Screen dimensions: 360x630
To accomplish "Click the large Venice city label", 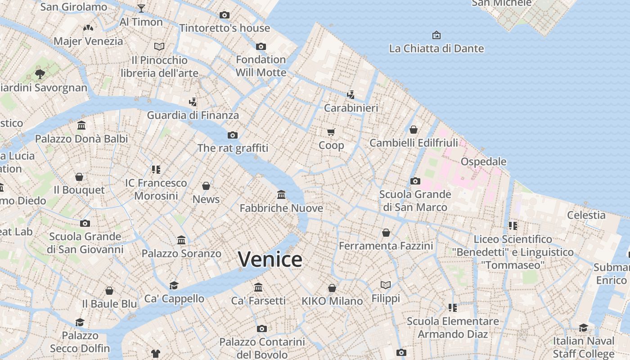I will (x=270, y=260).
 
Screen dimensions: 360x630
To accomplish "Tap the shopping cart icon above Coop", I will (x=331, y=132).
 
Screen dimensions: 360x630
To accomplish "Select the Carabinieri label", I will (x=351, y=108).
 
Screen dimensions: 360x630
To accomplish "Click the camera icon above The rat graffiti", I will (x=233, y=135).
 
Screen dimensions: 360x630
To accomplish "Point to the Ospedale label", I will (x=483, y=162).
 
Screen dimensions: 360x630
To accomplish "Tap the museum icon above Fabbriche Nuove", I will (x=281, y=195).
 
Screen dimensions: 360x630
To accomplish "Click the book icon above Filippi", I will (x=386, y=285).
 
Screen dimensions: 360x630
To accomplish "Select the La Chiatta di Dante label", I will (x=436, y=49).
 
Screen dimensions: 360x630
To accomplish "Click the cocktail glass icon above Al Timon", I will (x=141, y=9).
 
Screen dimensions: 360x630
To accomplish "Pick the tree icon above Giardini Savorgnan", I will (x=40, y=74).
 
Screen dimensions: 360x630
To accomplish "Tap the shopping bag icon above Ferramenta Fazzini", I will (x=386, y=233).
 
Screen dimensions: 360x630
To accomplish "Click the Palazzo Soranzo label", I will (x=181, y=254).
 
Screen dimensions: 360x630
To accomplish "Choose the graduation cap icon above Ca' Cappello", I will (x=174, y=285).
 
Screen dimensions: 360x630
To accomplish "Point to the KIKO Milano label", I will (x=332, y=301).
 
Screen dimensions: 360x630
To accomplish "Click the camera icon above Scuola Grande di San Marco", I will (x=415, y=181).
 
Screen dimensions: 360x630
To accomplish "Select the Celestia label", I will (x=586, y=215).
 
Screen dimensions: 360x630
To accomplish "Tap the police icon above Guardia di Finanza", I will (x=193, y=102).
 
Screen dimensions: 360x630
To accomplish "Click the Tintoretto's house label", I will (x=225, y=28).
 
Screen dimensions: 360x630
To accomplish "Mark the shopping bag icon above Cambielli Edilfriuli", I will (x=414, y=130).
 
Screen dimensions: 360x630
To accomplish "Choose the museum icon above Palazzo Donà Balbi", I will (x=81, y=125).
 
